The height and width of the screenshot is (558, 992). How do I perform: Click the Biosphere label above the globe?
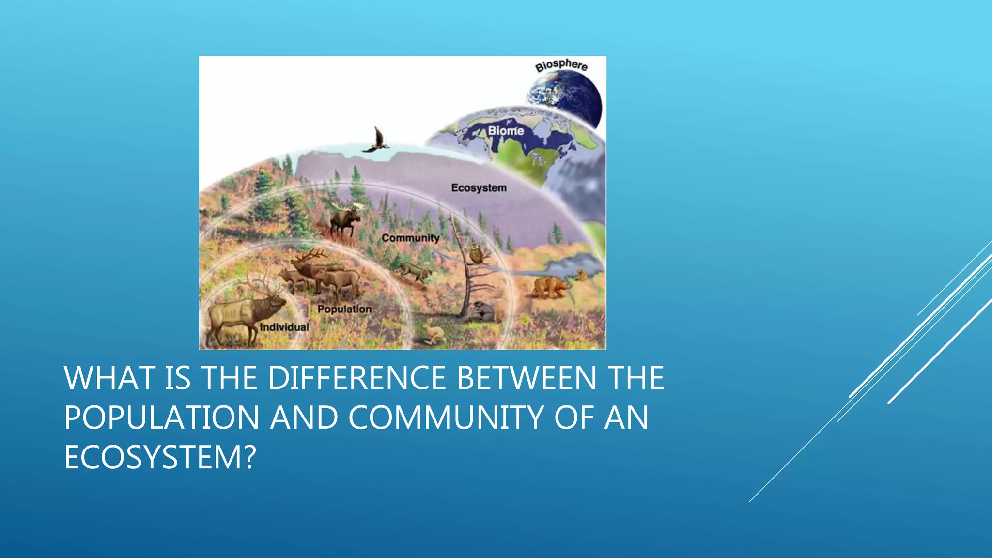(x=561, y=65)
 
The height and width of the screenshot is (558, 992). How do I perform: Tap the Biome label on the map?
(x=506, y=131)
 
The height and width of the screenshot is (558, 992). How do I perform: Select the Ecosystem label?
(x=479, y=188)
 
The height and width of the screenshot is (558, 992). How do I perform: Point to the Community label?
(x=410, y=238)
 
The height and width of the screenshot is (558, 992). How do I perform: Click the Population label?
(x=344, y=309)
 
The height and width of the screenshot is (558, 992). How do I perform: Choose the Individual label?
(x=284, y=327)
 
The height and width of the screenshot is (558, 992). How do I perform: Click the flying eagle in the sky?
(x=376, y=141)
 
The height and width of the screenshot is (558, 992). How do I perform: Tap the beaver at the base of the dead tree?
(x=482, y=311)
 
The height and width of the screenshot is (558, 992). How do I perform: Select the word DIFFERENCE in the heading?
(x=356, y=378)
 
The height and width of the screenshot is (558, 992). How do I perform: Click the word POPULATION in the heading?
(x=162, y=418)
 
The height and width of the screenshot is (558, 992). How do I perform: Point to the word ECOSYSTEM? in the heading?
(x=160, y=457)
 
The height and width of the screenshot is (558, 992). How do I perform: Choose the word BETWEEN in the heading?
(x=527, y=378)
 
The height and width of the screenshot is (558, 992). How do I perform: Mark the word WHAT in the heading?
(x=109, y=378)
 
